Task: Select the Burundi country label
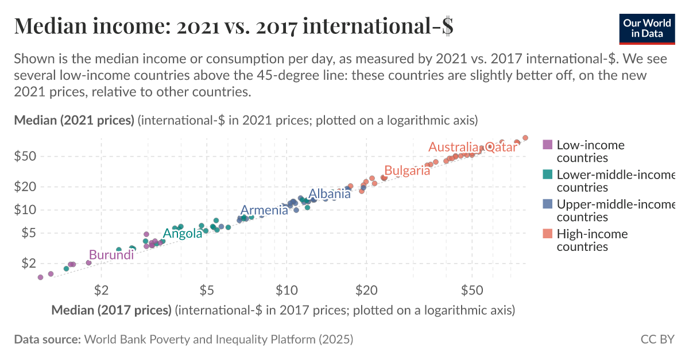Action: (111, 255)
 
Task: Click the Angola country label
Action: (183, 233)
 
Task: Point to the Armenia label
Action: (264, 210)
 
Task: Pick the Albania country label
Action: (330, 194)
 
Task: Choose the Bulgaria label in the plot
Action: (407, 171)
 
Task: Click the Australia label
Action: (454, 147)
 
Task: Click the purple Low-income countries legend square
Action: (548, 145)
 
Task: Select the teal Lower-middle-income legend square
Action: (548, 175)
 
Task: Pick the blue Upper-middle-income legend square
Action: (548, 204)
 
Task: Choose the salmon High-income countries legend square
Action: (548, 234)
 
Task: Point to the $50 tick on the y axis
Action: (27, 156)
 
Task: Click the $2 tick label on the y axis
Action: (30, 263)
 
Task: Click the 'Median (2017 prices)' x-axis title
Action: (111, 311)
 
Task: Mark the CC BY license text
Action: (657, 339)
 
